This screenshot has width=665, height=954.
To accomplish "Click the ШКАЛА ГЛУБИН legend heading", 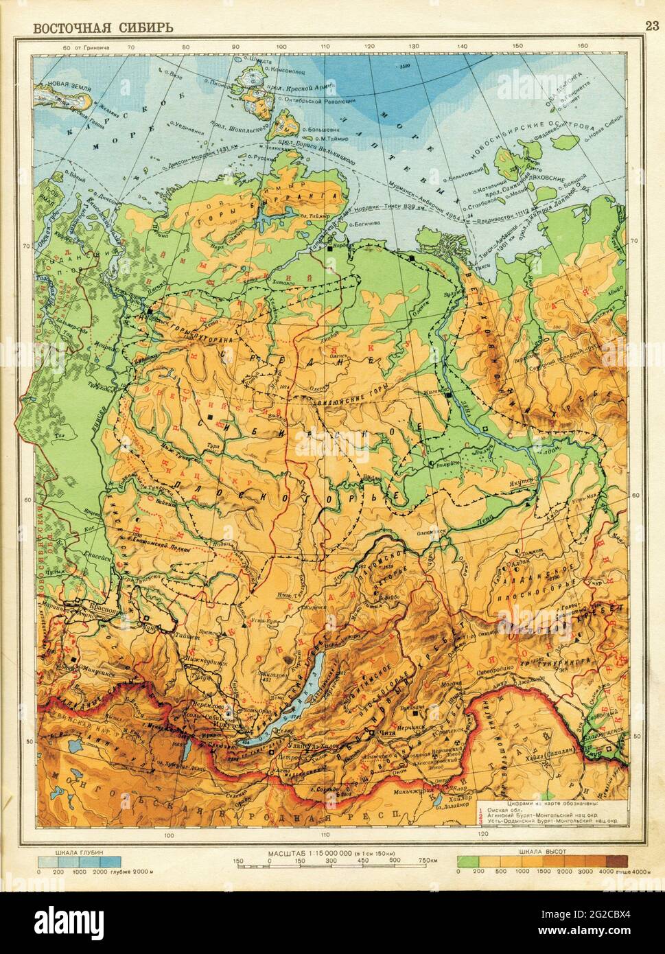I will pyautogui.click(x=80, y=852).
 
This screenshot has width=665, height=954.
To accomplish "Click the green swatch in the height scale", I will pyautogui.click(x=468, y=861).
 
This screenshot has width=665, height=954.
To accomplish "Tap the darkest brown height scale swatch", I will pyautogui.click(x=616, y=861).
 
